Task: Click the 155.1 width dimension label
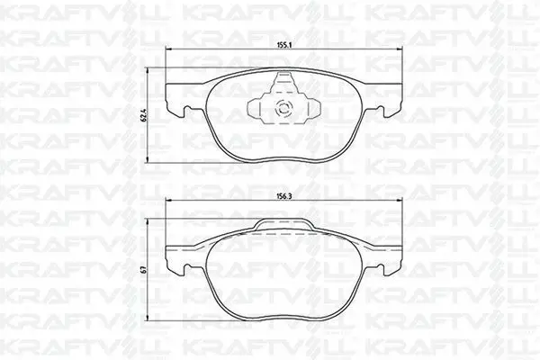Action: (284, 44)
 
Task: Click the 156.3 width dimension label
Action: (284, 195)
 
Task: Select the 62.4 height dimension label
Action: (145, 115)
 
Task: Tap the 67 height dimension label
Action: (145, 269)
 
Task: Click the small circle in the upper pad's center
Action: (284, 109)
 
